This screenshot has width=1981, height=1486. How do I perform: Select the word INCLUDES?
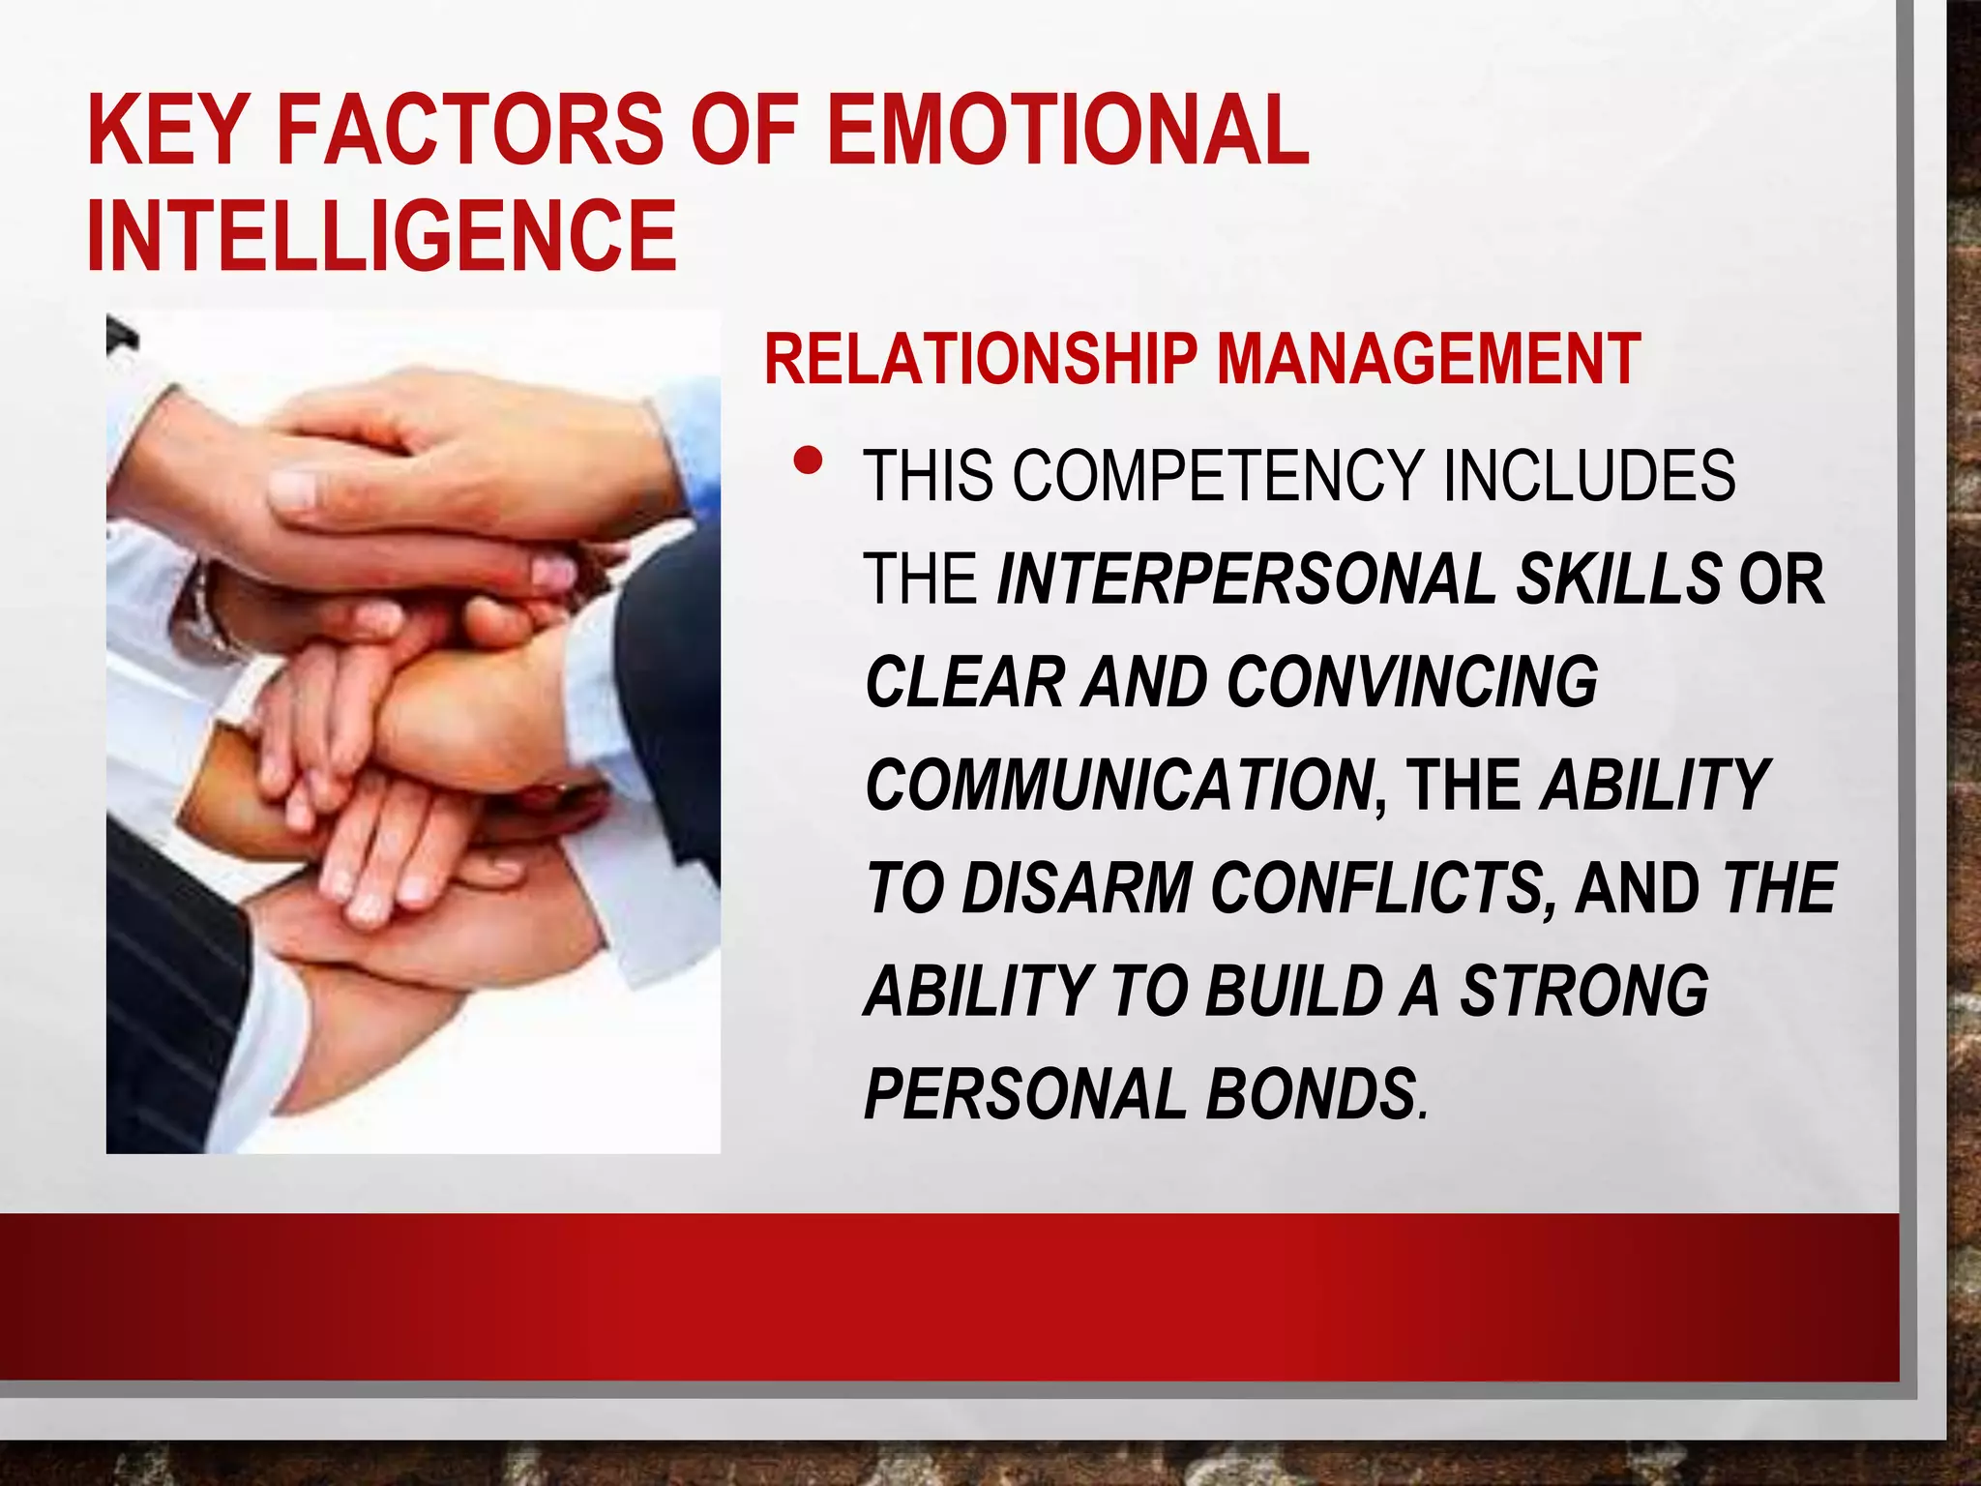point(1588,476)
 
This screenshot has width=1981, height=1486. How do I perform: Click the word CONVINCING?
point(1412,682)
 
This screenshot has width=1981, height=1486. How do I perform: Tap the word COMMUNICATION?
point(1118,786)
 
